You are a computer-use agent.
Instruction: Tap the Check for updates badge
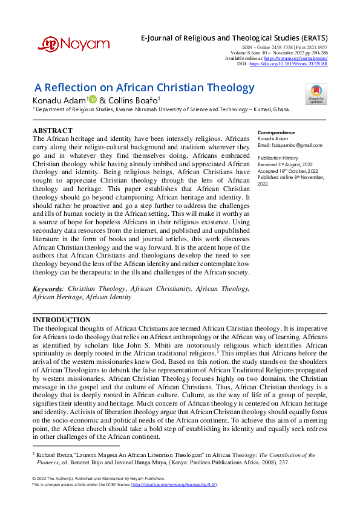[316, 94]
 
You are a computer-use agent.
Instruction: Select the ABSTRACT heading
[53, 131]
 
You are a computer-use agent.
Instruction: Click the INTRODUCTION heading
[61, 320]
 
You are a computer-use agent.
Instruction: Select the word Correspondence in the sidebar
[276, 132]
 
